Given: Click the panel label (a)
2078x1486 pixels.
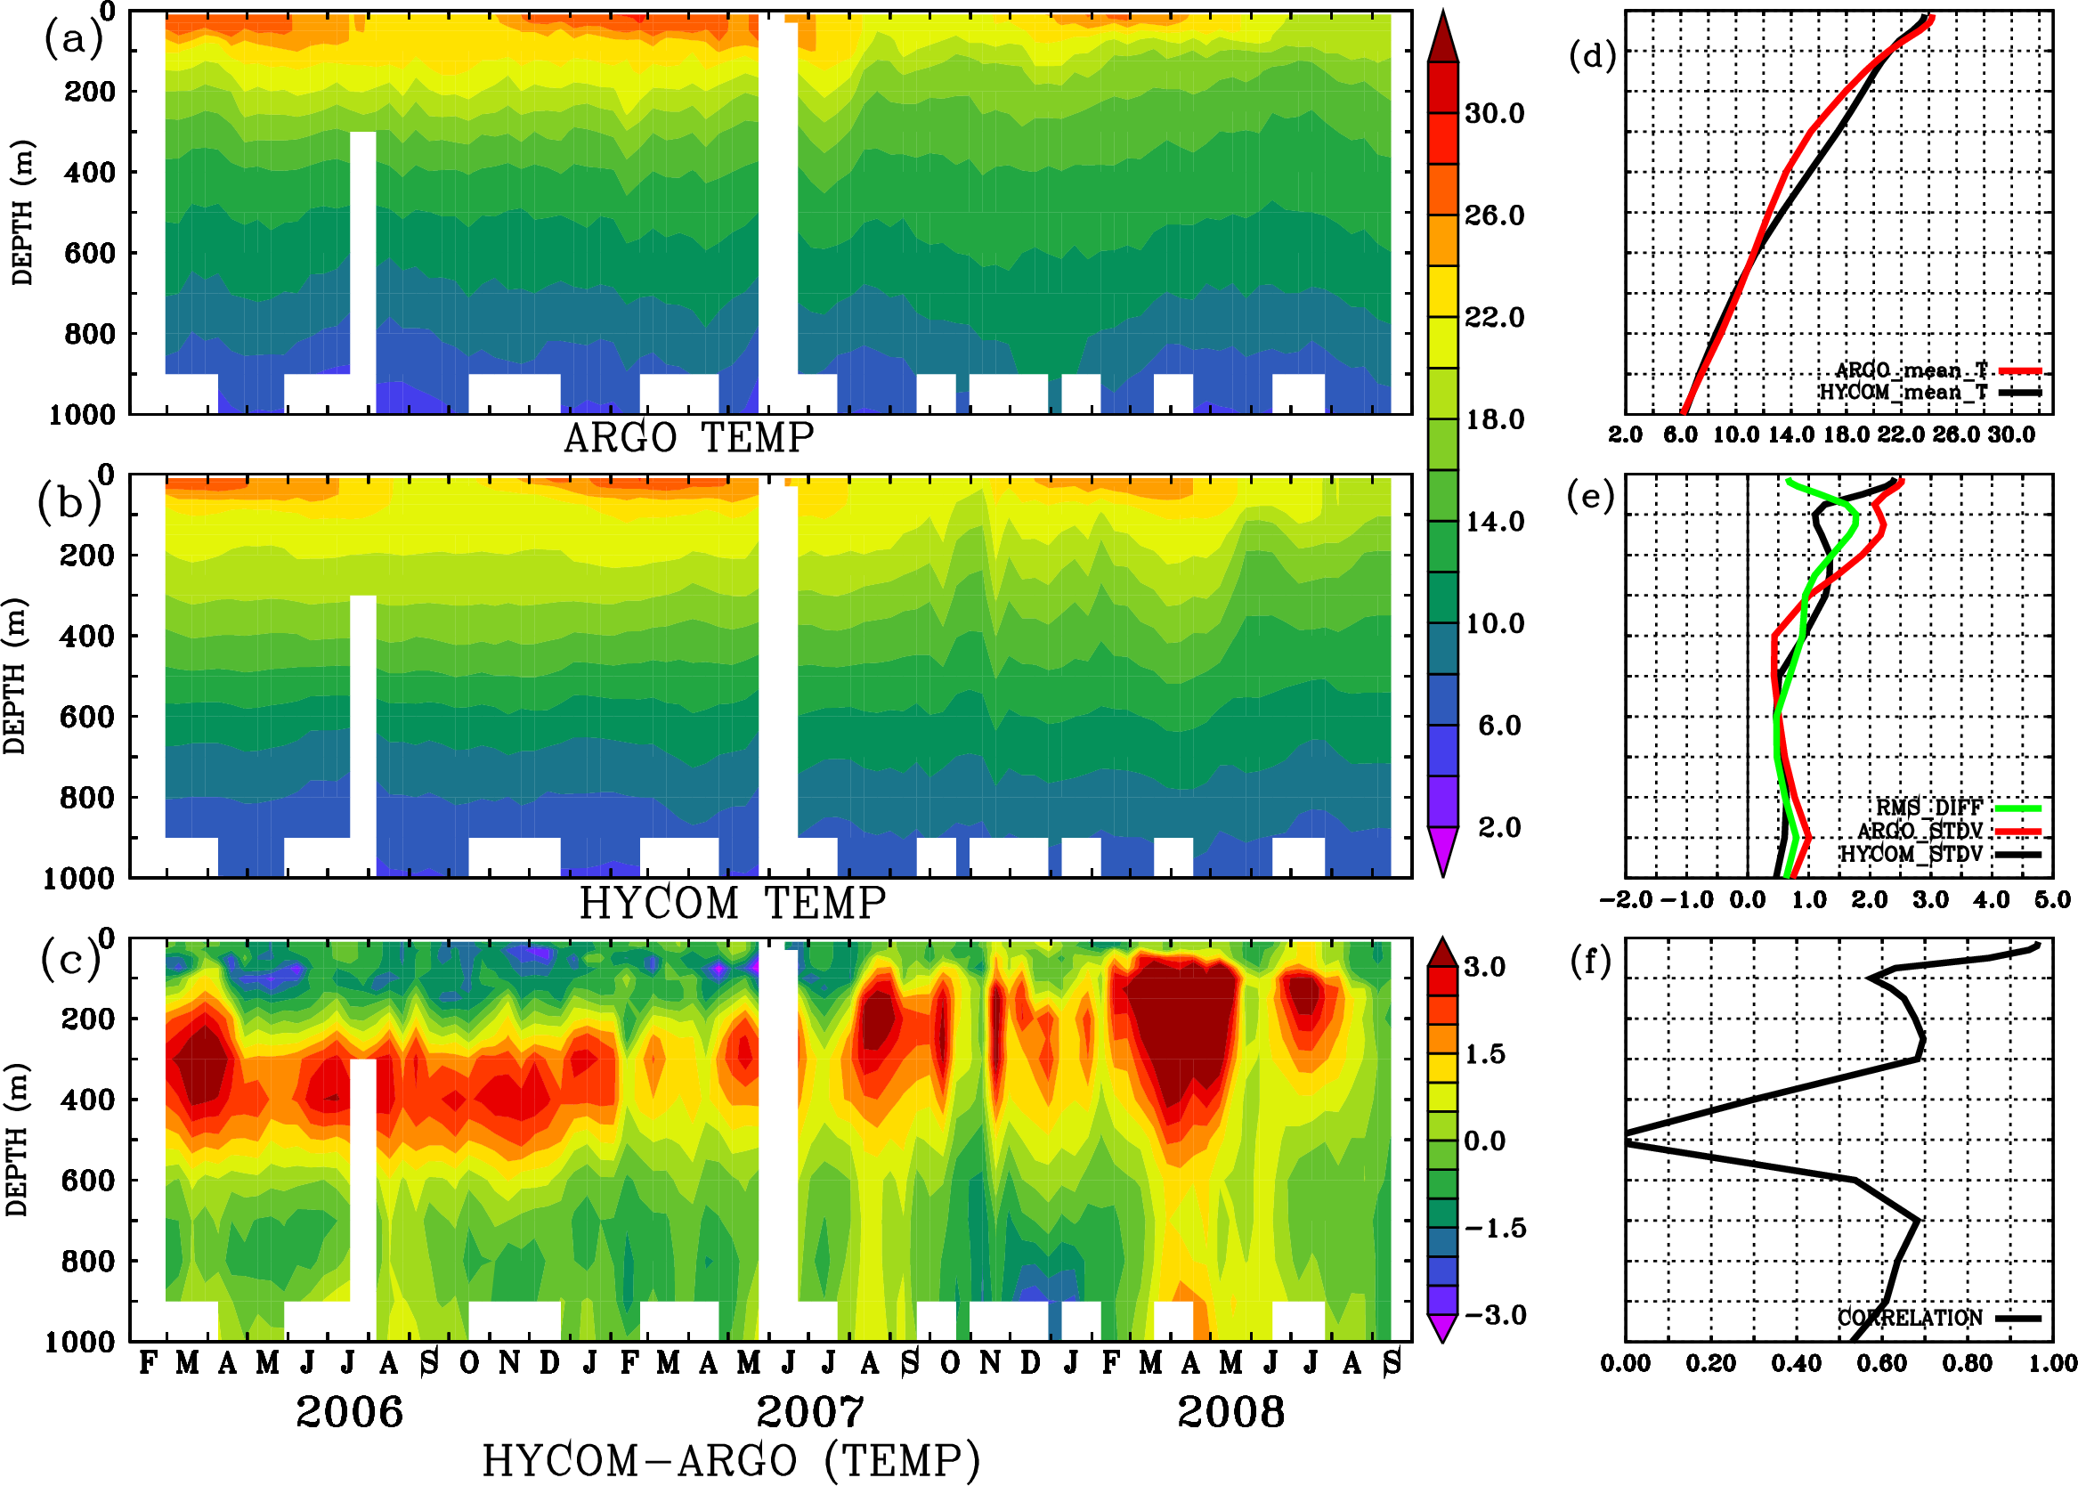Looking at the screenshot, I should tap(72, 38).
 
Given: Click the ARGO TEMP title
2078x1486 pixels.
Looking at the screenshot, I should tap(688, 438).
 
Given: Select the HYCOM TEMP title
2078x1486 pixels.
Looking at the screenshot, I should tap(732, 903).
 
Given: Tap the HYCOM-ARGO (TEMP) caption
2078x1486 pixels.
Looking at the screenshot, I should tap(730, 1460).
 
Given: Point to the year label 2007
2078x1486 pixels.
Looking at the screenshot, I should tap(810, 1412).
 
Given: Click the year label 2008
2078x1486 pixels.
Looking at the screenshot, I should tap(1230, 1412).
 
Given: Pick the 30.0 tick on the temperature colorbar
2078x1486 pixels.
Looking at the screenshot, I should tap(1494, 113).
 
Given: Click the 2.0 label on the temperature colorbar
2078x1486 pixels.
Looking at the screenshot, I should tap(1498, 827).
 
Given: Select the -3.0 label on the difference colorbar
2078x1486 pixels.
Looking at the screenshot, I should tap(1494, 1315).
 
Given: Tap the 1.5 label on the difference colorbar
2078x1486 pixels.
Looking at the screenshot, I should tap(1484, 1054).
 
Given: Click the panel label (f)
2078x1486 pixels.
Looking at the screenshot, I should tap(1590, 961).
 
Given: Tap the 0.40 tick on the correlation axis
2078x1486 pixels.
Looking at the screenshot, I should tap(1796, 1363).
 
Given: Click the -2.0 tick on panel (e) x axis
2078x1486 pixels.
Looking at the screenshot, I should tap(1626, 899).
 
